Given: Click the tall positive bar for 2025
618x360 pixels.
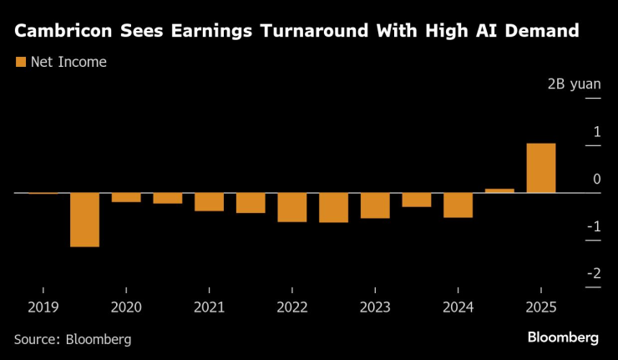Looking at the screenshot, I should point(541,168).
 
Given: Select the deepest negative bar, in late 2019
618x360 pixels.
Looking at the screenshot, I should point(84,220).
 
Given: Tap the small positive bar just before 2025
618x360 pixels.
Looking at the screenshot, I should point(499,190).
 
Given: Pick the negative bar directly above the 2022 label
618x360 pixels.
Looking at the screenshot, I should point(292,207).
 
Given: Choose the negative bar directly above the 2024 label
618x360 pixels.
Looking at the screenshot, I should point(458,205).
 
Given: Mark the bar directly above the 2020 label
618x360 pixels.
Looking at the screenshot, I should point(126,198).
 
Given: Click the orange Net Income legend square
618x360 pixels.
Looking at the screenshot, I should point(21,62).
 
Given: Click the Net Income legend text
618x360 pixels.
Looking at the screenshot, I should point(68,62).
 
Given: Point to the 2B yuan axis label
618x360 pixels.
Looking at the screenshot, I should point(574,84).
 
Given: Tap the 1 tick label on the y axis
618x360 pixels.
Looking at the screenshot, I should point(596,131).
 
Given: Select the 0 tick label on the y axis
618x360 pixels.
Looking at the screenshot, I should point(596,179).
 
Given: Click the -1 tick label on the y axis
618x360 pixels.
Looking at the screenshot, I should point(593,226).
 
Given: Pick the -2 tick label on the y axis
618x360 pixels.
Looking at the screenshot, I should point(593,273).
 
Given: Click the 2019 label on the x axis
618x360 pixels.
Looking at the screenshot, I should point(43,307).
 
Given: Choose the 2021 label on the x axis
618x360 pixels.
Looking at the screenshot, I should point(210,307).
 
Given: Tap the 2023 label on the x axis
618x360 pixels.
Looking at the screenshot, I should point(375,307).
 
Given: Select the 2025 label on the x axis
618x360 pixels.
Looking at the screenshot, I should point(541,307).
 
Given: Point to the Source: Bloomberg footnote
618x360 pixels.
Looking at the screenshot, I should point(73,339).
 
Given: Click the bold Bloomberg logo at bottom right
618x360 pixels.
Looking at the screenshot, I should point(563,337).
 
